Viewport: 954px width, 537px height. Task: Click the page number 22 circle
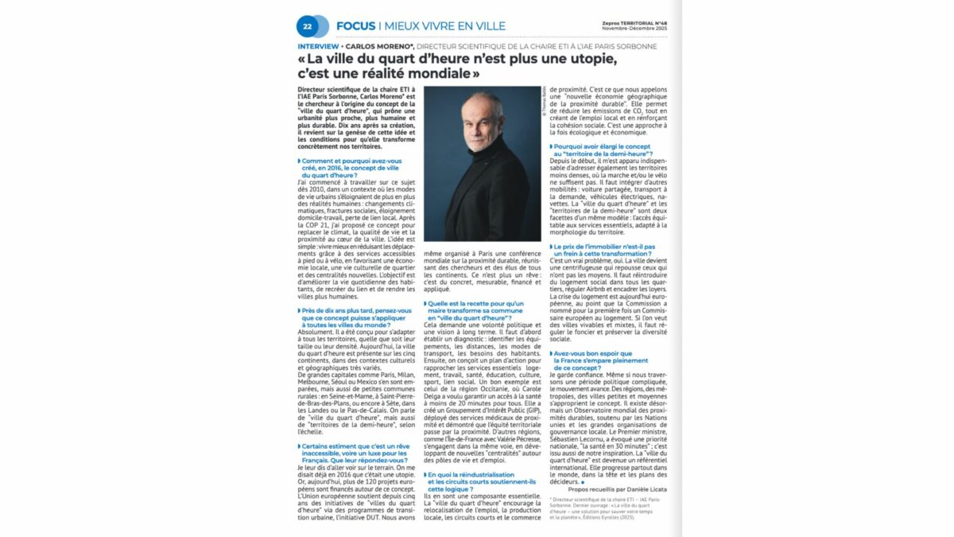[308, 26]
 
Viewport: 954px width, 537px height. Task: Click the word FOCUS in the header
[355, 26]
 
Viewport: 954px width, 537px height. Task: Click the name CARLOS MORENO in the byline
[378, 46]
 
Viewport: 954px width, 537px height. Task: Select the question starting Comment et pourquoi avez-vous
[351, 167]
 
